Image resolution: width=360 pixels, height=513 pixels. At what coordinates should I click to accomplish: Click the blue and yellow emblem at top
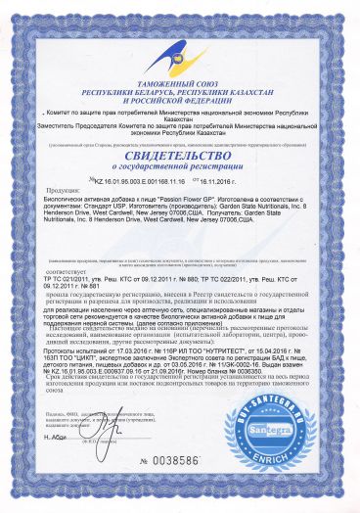click(180, 40)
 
